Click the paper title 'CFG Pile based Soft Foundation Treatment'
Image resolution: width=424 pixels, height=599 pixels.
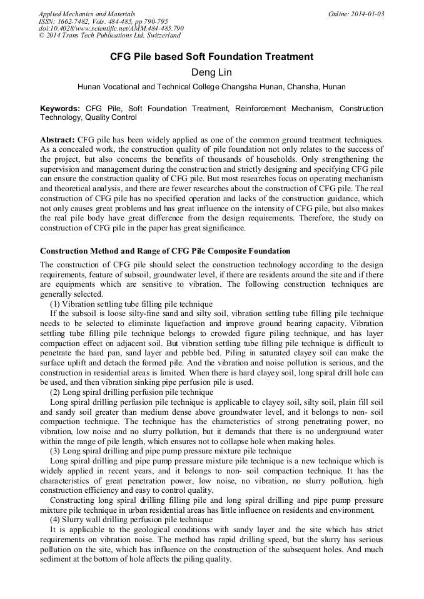[x=211, y=57]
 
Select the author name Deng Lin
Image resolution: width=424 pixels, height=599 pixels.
[x=211, y=72]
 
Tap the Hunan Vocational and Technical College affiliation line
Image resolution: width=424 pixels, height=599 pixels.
[x=211, y=87]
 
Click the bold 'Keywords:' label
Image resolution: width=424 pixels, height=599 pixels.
[x=60, y=109]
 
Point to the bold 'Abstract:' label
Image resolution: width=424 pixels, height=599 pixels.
[x=58, y=139]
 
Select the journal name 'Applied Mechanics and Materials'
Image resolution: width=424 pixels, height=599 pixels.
[x=87, y=14]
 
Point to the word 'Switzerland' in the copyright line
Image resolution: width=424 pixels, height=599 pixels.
[x=161, y=36]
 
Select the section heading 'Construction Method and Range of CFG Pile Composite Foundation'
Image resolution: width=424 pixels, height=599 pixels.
[x=165, y=251]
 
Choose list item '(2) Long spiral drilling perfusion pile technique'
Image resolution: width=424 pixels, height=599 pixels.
[x=131, y=392]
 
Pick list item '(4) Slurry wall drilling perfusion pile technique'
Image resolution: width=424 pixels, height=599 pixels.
[x=131, y=519]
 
